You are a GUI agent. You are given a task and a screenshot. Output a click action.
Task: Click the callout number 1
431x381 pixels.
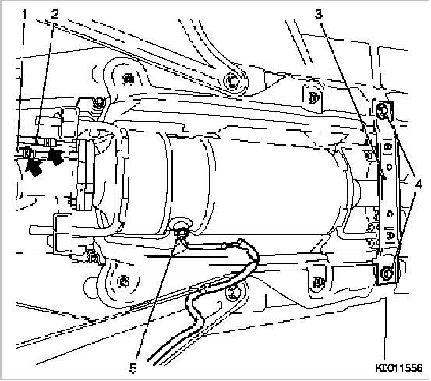25,15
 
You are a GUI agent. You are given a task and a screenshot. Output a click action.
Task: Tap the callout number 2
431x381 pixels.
55,14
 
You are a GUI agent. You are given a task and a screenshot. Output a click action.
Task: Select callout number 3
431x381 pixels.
319,14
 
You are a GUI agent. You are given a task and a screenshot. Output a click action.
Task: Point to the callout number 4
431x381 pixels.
418,184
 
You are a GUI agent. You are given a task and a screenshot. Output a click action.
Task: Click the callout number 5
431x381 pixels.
133,368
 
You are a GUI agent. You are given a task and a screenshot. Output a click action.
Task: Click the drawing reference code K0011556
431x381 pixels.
398,368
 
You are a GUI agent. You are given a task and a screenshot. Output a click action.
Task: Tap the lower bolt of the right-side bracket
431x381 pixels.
387,273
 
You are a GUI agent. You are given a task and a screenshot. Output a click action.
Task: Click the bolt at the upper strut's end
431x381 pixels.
231,81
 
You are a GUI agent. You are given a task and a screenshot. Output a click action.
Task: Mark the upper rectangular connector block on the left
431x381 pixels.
69,122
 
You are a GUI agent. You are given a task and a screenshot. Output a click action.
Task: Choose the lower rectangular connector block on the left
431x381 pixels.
63,233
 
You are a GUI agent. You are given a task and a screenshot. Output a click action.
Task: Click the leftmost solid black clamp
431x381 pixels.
34,165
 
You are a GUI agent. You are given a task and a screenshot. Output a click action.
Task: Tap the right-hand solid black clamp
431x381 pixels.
56,157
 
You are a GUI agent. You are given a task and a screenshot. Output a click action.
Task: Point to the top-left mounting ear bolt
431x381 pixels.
126,79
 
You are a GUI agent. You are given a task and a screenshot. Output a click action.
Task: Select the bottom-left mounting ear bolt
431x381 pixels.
123,282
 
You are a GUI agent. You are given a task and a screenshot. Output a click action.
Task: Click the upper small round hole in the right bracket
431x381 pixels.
389,166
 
